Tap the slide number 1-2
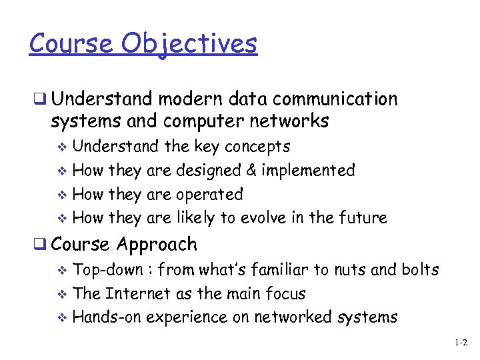461,343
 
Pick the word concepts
257,147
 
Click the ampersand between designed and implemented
251,171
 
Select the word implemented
308,171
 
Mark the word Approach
157,245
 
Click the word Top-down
107,270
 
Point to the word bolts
420,270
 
